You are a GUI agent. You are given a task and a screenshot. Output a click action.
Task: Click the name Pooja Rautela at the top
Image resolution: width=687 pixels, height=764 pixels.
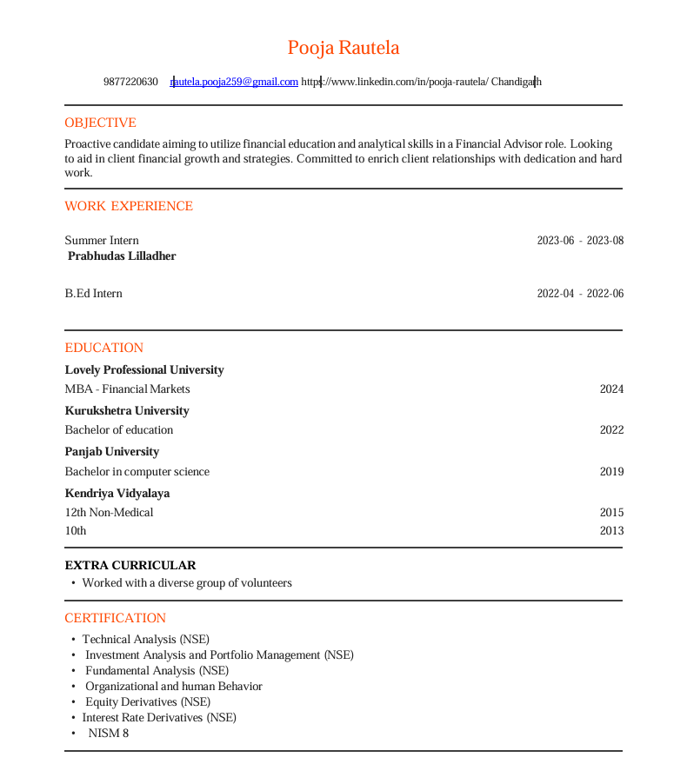click(343, 48)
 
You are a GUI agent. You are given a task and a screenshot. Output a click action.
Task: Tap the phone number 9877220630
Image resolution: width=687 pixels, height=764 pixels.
click(130, 82)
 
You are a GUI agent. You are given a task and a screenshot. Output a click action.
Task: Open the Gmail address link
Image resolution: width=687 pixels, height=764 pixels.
click(235, 82)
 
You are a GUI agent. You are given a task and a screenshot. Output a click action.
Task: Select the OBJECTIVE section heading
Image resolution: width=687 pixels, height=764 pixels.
click(100, 123)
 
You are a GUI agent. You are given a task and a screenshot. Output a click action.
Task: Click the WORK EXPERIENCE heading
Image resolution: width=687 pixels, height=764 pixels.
click(129, 206)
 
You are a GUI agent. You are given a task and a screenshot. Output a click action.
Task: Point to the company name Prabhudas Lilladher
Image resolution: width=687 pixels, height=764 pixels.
click(122, 256)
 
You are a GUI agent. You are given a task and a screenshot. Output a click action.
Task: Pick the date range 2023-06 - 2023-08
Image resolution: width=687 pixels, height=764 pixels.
click(580, 241)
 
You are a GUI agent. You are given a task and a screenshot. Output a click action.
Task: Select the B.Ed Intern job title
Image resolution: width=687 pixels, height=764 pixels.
click(93, 294)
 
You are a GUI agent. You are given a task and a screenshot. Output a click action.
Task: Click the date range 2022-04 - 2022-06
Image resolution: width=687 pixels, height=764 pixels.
click(580, 294)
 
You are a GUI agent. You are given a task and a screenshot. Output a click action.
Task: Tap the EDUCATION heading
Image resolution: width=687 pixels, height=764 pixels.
click(103, 348)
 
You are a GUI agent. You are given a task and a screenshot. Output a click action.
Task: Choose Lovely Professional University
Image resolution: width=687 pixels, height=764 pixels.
click(144, 370)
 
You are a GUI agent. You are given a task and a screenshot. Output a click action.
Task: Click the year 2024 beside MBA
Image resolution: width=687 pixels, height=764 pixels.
click(611, 389)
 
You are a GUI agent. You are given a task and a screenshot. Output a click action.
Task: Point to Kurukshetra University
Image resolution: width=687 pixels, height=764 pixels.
click(127, 411)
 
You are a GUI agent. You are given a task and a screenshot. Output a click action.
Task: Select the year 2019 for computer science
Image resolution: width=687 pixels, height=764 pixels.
click(611, 472)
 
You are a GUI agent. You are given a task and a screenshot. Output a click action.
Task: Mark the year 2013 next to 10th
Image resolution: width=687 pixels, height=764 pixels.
click(611, 531)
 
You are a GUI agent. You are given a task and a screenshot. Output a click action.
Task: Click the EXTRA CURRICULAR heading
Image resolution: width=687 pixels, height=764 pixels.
click(130, 566)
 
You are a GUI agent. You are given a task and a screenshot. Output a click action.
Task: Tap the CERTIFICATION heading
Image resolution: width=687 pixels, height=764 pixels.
click(115, 618)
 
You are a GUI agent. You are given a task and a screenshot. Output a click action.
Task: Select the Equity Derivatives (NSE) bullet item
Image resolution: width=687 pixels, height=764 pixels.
click(148, 702)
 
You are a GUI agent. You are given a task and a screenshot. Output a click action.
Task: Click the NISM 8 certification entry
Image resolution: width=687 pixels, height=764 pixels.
click(108, 734)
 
